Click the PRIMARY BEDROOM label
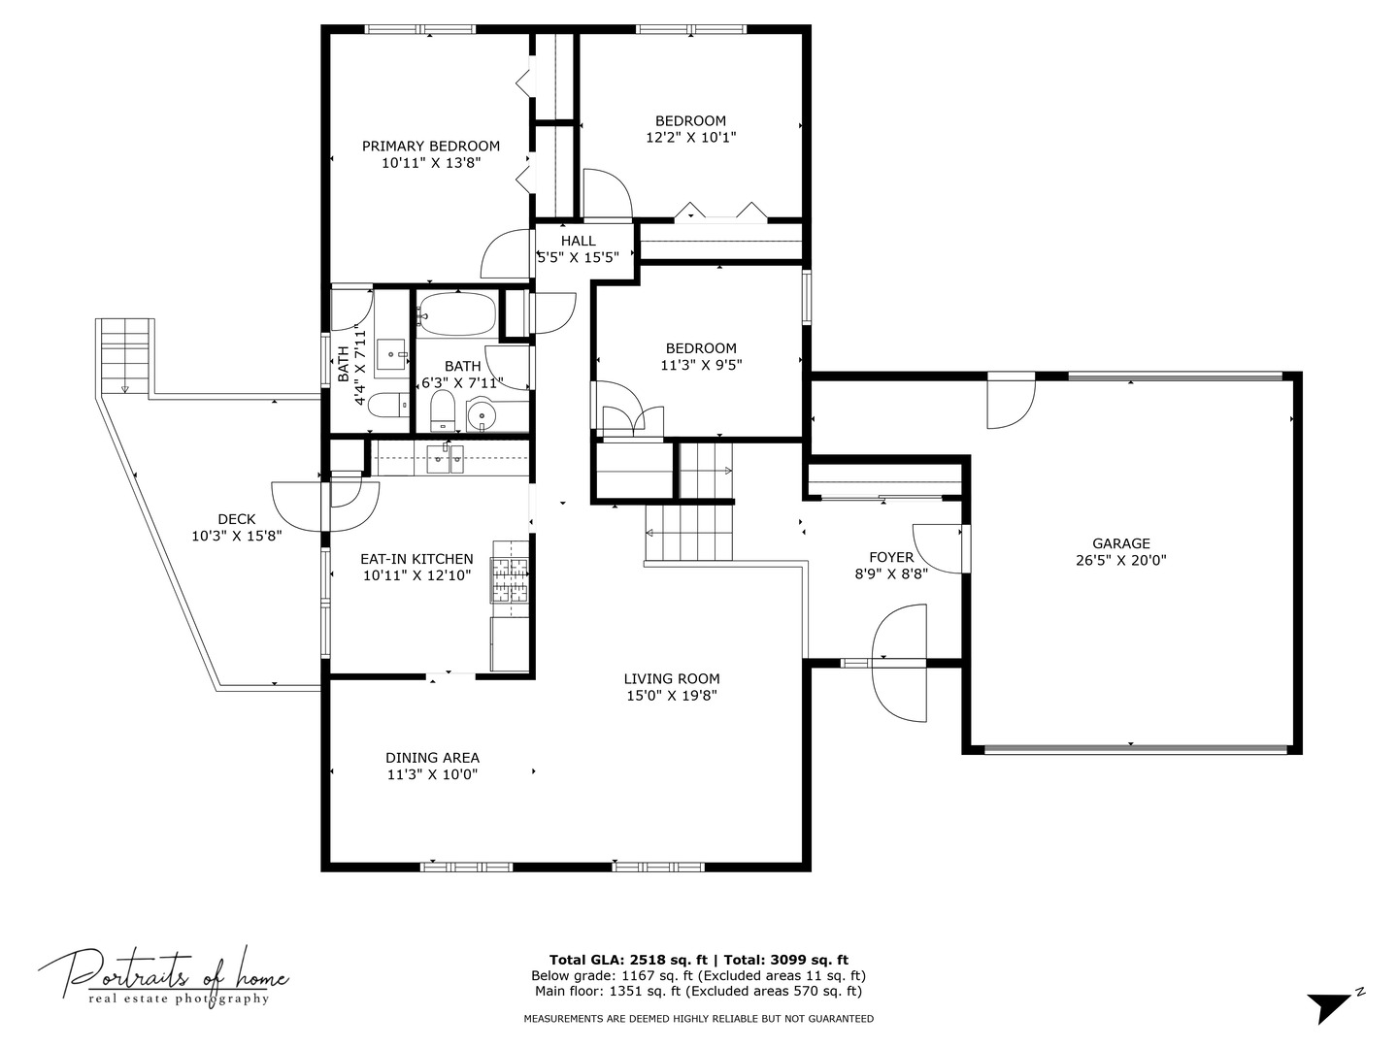[x=430, y=147]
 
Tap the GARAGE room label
[x=1120, y=544]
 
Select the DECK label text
[x=236, y=519]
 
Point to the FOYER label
[x=890, y=557]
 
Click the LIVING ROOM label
[x=671, y=679]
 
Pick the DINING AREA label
[x=432, y=758]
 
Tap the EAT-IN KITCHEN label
[x=416, y=559]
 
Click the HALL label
[x=578, y=241]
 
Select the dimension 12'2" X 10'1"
[x=690, y=138]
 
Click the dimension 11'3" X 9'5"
[x=700, y=366]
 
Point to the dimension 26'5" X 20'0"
[x=1120, y=560]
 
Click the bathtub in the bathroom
[x=456, y=312]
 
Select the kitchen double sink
[x=446, y=459]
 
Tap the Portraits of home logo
[x=162, y=975]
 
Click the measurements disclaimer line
[x=698, y=1019]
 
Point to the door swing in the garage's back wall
[x=1010, y=401]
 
